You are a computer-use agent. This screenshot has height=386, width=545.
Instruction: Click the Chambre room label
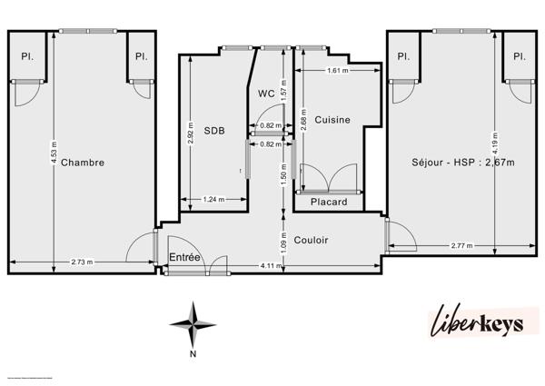coord(83,163)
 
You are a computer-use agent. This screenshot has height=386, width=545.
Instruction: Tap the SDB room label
coord(214,130)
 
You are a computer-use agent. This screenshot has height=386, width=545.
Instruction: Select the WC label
coord(266,93)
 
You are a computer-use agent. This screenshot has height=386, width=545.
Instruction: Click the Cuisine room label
coord(332,120)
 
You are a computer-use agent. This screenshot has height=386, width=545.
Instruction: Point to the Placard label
coord(329,202)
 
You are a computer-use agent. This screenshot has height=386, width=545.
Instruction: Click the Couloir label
coord(311,240)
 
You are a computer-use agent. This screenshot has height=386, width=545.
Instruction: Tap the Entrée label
coord(185,258)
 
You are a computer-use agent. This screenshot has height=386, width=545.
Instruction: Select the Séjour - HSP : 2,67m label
coord(462,163)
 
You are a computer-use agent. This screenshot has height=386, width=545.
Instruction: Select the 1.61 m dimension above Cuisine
coord(337,70)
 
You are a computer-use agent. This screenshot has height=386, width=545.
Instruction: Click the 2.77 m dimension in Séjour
coord(463,245)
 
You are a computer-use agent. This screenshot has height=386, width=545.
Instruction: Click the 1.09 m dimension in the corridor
coord(284,241)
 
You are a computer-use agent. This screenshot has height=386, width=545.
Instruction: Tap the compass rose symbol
coord(193,322)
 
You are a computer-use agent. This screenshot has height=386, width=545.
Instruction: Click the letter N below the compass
coord(193,354)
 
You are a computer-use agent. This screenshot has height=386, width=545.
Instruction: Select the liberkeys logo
coord(483,323)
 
